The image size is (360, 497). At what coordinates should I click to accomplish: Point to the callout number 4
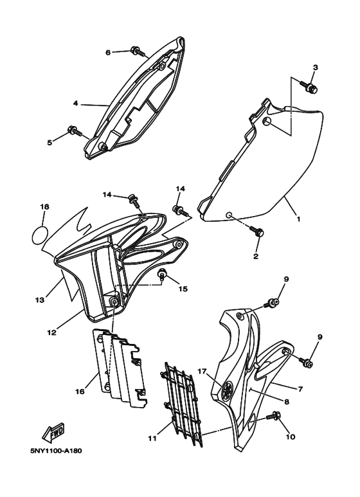pyautogui.click(x=75, y=104)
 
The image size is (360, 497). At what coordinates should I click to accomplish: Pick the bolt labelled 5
pyautogui.click(x=76, y=133)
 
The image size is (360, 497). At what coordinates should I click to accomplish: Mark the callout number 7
pyautogui.click(x=299, y=388)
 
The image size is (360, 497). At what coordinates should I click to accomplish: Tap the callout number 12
pyautogui.click(x=50, y=333)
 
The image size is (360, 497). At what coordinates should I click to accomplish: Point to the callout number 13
pyautogui.click(x=40, y=300)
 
